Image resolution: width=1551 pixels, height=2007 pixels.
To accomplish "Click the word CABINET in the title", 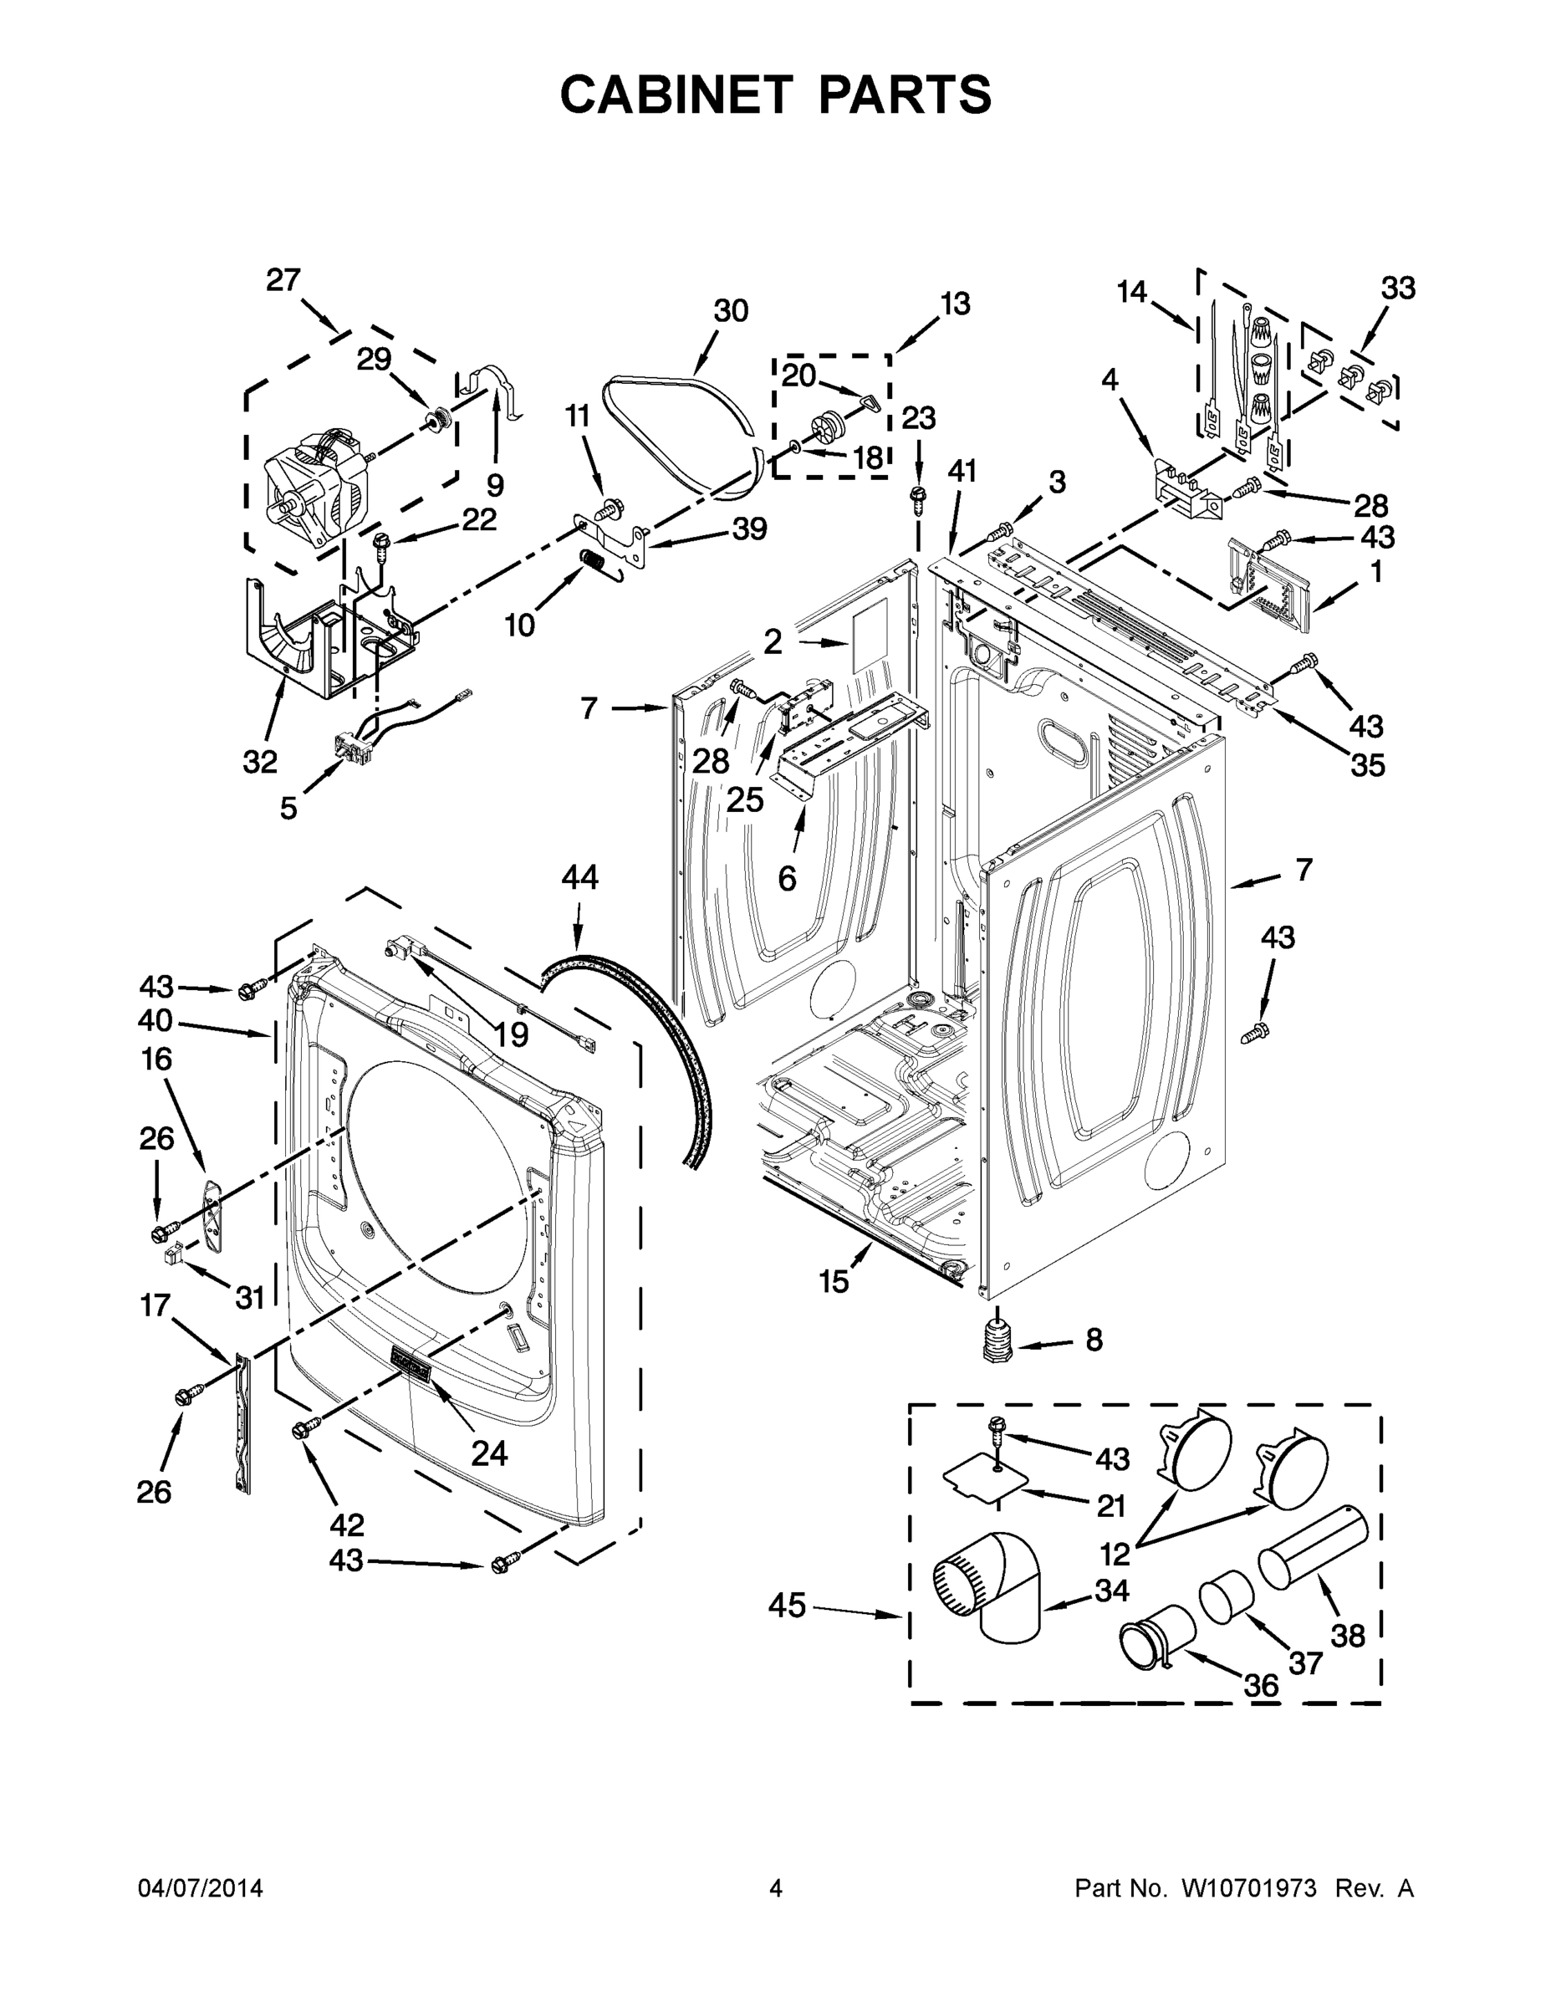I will pyautogui.click(x=676, y=94).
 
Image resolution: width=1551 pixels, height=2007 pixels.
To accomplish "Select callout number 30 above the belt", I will pyautogui.click(x=731, y=312).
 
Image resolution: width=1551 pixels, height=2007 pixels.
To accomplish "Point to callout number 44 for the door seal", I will pyautogui.click(x=579, y=877).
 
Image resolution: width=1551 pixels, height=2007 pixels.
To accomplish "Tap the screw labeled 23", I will pyautogui.click(x=917, y=495).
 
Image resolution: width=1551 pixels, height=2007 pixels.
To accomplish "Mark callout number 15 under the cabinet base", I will pyautogui.click(x=834, y=1281).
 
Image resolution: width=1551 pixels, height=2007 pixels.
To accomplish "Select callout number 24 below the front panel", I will pyautogui.click(x=489, y=1453).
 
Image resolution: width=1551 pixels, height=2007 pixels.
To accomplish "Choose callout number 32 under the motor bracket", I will pyautogui.click(x=260, y=761).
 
